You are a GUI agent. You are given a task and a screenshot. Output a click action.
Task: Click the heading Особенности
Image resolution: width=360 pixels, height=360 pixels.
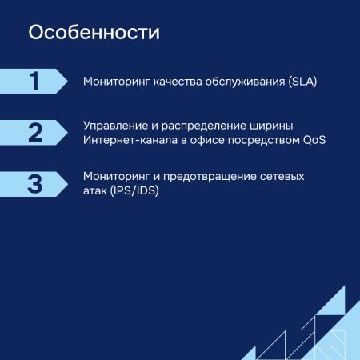[94, 34]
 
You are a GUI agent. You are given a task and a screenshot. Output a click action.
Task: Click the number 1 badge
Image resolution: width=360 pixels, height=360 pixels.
[34, 81]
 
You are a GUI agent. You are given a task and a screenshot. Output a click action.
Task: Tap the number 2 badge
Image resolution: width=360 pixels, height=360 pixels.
[34, 132]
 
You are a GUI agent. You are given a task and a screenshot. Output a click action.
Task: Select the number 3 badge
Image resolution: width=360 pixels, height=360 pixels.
[34, 183]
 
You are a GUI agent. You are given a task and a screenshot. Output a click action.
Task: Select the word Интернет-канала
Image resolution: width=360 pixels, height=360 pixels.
[130, 140]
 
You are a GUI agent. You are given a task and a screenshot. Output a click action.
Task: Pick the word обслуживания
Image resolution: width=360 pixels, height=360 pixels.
[238, 82]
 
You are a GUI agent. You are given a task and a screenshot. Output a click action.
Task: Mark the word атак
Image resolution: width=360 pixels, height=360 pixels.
[96, 191]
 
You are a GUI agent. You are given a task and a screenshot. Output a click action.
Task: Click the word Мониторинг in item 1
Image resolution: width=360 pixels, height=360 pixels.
[114, 82]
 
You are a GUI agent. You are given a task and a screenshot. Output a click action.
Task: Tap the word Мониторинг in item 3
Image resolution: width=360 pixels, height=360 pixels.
[114, 177]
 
